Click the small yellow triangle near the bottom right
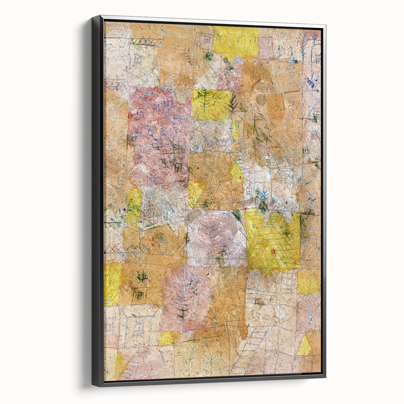[x=304, y=346]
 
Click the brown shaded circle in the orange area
[x=261, y=99]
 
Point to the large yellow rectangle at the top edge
[x=235, y=41]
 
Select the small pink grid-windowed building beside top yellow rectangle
[x=266, y=48]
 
